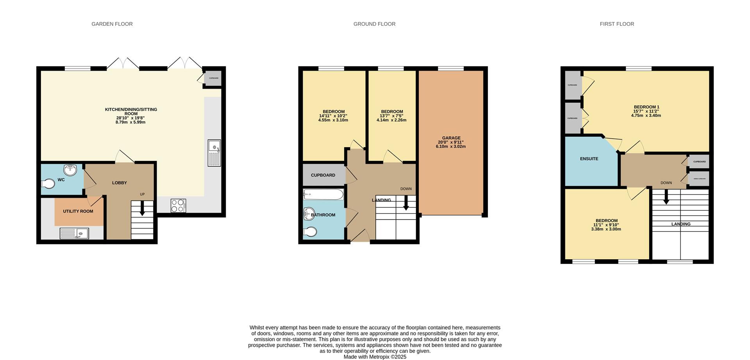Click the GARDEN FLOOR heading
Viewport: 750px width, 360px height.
click(112, 24)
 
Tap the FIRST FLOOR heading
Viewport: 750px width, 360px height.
click(616, 24)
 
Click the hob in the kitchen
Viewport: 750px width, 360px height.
click(178, 206)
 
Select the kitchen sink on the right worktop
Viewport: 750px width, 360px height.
click(214, 153)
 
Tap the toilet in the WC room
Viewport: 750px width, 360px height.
click(48, 184)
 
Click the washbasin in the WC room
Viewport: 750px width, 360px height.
click(70, 170)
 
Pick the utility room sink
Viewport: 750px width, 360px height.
click(74, 233)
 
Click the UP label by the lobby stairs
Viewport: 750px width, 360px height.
click(142, 194)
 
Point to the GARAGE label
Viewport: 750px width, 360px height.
click(451, 138)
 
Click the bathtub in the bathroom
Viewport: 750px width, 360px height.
click(323, 194)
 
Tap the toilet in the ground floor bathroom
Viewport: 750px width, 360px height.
click(310, 232)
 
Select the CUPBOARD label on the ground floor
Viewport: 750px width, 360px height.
click(323, 175)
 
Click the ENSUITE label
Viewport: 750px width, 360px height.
click(589, 159)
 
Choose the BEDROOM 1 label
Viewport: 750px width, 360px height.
click(646, 107)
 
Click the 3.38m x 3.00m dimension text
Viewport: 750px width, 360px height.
click(606, 229)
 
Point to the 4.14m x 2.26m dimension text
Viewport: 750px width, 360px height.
click(391, 120)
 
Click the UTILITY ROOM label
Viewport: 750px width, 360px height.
click(78, 211)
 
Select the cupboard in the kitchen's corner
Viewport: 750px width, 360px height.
click(214, 78)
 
